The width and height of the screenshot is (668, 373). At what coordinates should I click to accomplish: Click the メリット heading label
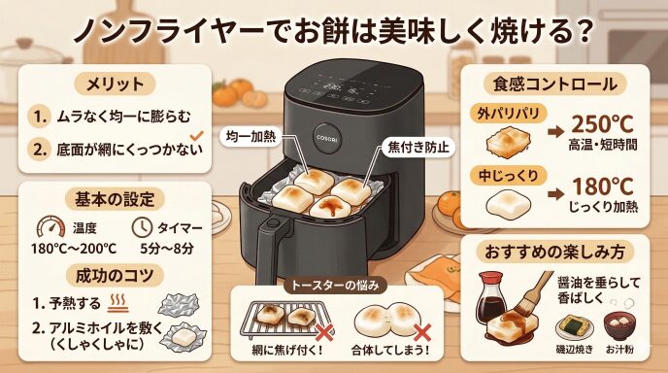pyautogui.click(x=115, y=84)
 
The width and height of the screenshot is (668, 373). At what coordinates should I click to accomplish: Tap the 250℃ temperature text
pyautogui.click(x=602, y=124)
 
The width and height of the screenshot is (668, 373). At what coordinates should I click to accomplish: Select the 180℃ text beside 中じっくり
pyautogui.click(x=602, y=186)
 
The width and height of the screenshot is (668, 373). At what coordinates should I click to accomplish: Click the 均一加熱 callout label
pyautogui.click(x=250, y=136)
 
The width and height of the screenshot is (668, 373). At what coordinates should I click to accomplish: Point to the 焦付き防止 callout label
pyautogui.click(x=417, y=147)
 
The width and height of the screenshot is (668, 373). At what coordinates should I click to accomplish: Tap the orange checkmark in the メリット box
pyautogui.click(x=196, y=136)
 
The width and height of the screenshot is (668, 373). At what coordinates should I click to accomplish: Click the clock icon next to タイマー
pyautogui.click(x=142, y=227)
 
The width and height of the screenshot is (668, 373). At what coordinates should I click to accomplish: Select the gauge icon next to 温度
pyautogui.click(x=50, y=226)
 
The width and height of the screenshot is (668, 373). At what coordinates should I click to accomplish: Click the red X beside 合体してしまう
pyautogui.click(x=421, y=332)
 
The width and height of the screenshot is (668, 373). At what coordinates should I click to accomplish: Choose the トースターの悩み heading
pyautogui.click(x=335, y=286)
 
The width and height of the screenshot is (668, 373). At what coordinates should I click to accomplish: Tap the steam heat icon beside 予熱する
pyautogui.click(x=117, y=303)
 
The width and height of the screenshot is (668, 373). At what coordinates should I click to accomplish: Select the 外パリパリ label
pyautogui.click(x=508, y=114)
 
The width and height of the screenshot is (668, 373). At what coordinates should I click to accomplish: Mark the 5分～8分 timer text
pyautogui.click(x=167, y=248)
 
